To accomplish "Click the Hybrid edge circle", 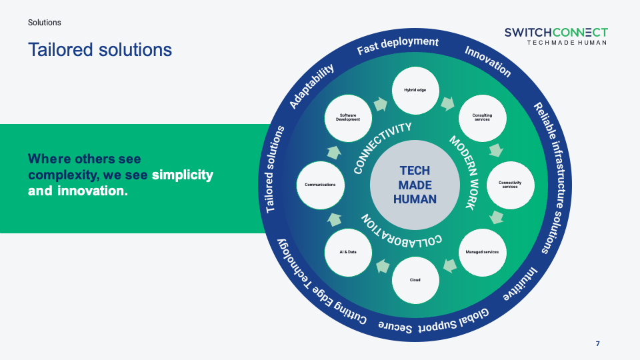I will point(415,90).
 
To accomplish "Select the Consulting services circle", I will point(482,117).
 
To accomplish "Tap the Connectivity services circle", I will point(509,184).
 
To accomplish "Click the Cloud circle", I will point(415,279).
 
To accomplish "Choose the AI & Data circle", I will point(348,251).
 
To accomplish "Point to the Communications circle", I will point(320,184).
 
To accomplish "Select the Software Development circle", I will point(348,117).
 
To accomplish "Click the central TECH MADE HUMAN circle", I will point(415,184).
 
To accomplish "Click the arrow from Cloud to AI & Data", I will point(382,267).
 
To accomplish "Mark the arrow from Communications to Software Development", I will point(333,151).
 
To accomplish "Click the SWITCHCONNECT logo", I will point(555,36).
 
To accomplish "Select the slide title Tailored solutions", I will point(100,50).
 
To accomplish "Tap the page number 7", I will point(598,344).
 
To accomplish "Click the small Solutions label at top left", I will point(45,23).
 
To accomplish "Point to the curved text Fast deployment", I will point(398,46).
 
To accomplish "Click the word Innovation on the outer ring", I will point(488,61).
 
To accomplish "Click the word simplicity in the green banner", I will point(182,175).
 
